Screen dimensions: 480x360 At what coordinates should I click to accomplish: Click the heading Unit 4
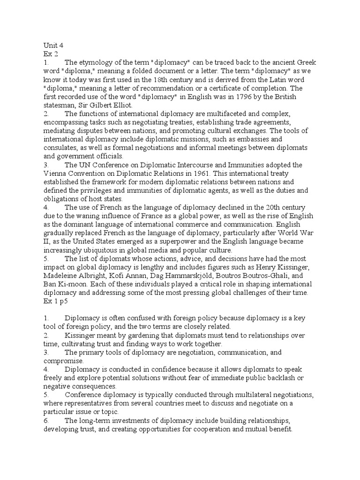(52, 45)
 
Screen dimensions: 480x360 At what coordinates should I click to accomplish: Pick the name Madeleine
(60, 276)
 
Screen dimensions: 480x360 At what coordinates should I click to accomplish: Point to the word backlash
(285, 378)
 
